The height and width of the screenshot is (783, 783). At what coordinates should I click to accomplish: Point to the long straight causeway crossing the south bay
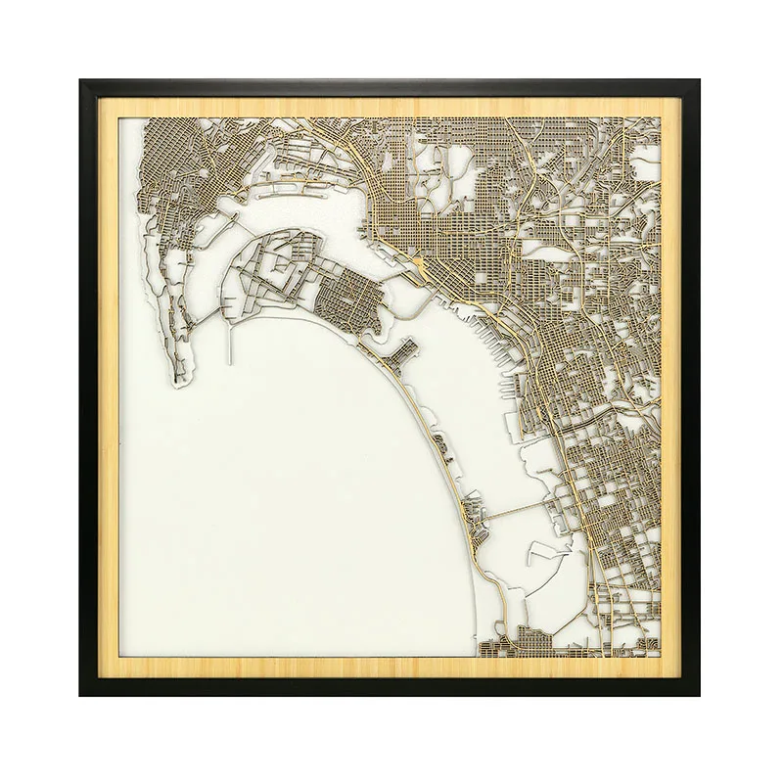(509, 511)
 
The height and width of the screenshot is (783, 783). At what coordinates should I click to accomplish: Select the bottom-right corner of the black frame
(701, 695)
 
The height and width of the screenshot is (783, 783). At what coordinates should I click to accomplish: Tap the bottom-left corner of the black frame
(81, 695)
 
